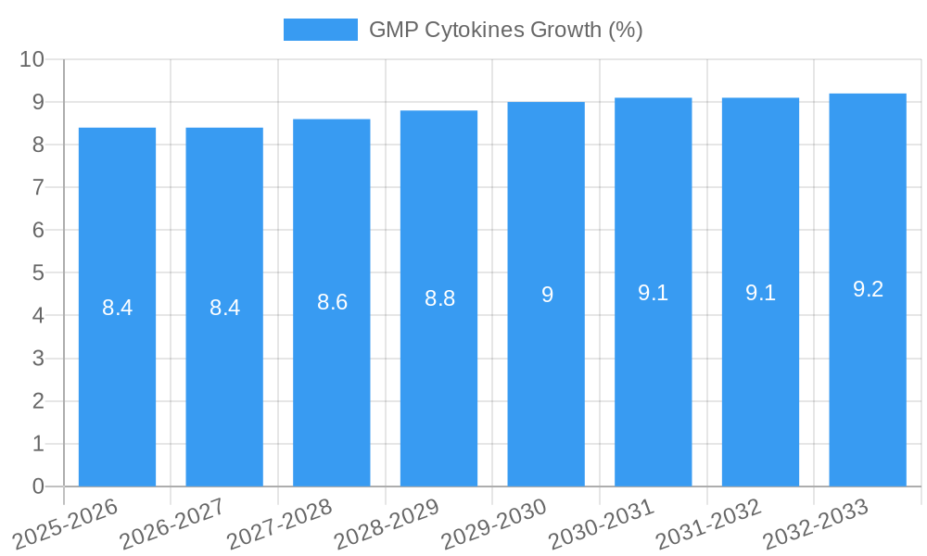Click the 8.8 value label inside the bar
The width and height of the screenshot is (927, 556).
439,299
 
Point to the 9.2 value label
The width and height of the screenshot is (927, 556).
868,289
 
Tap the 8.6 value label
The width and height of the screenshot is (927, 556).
332,302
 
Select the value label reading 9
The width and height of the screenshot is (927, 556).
547,295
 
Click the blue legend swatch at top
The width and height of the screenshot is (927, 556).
320,30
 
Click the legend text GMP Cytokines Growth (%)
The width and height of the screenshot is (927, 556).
505,30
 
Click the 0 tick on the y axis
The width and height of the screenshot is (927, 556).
38,486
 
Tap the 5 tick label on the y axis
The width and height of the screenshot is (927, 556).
38,273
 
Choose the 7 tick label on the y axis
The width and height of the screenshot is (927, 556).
38,187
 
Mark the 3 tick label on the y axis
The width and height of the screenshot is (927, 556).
38,359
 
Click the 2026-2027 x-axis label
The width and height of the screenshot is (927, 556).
172,524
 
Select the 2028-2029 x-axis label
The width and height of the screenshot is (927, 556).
387,524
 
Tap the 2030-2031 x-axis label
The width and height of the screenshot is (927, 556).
602,524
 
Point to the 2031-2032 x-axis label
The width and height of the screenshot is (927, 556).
709,524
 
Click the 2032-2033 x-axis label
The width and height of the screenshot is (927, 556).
816,524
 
